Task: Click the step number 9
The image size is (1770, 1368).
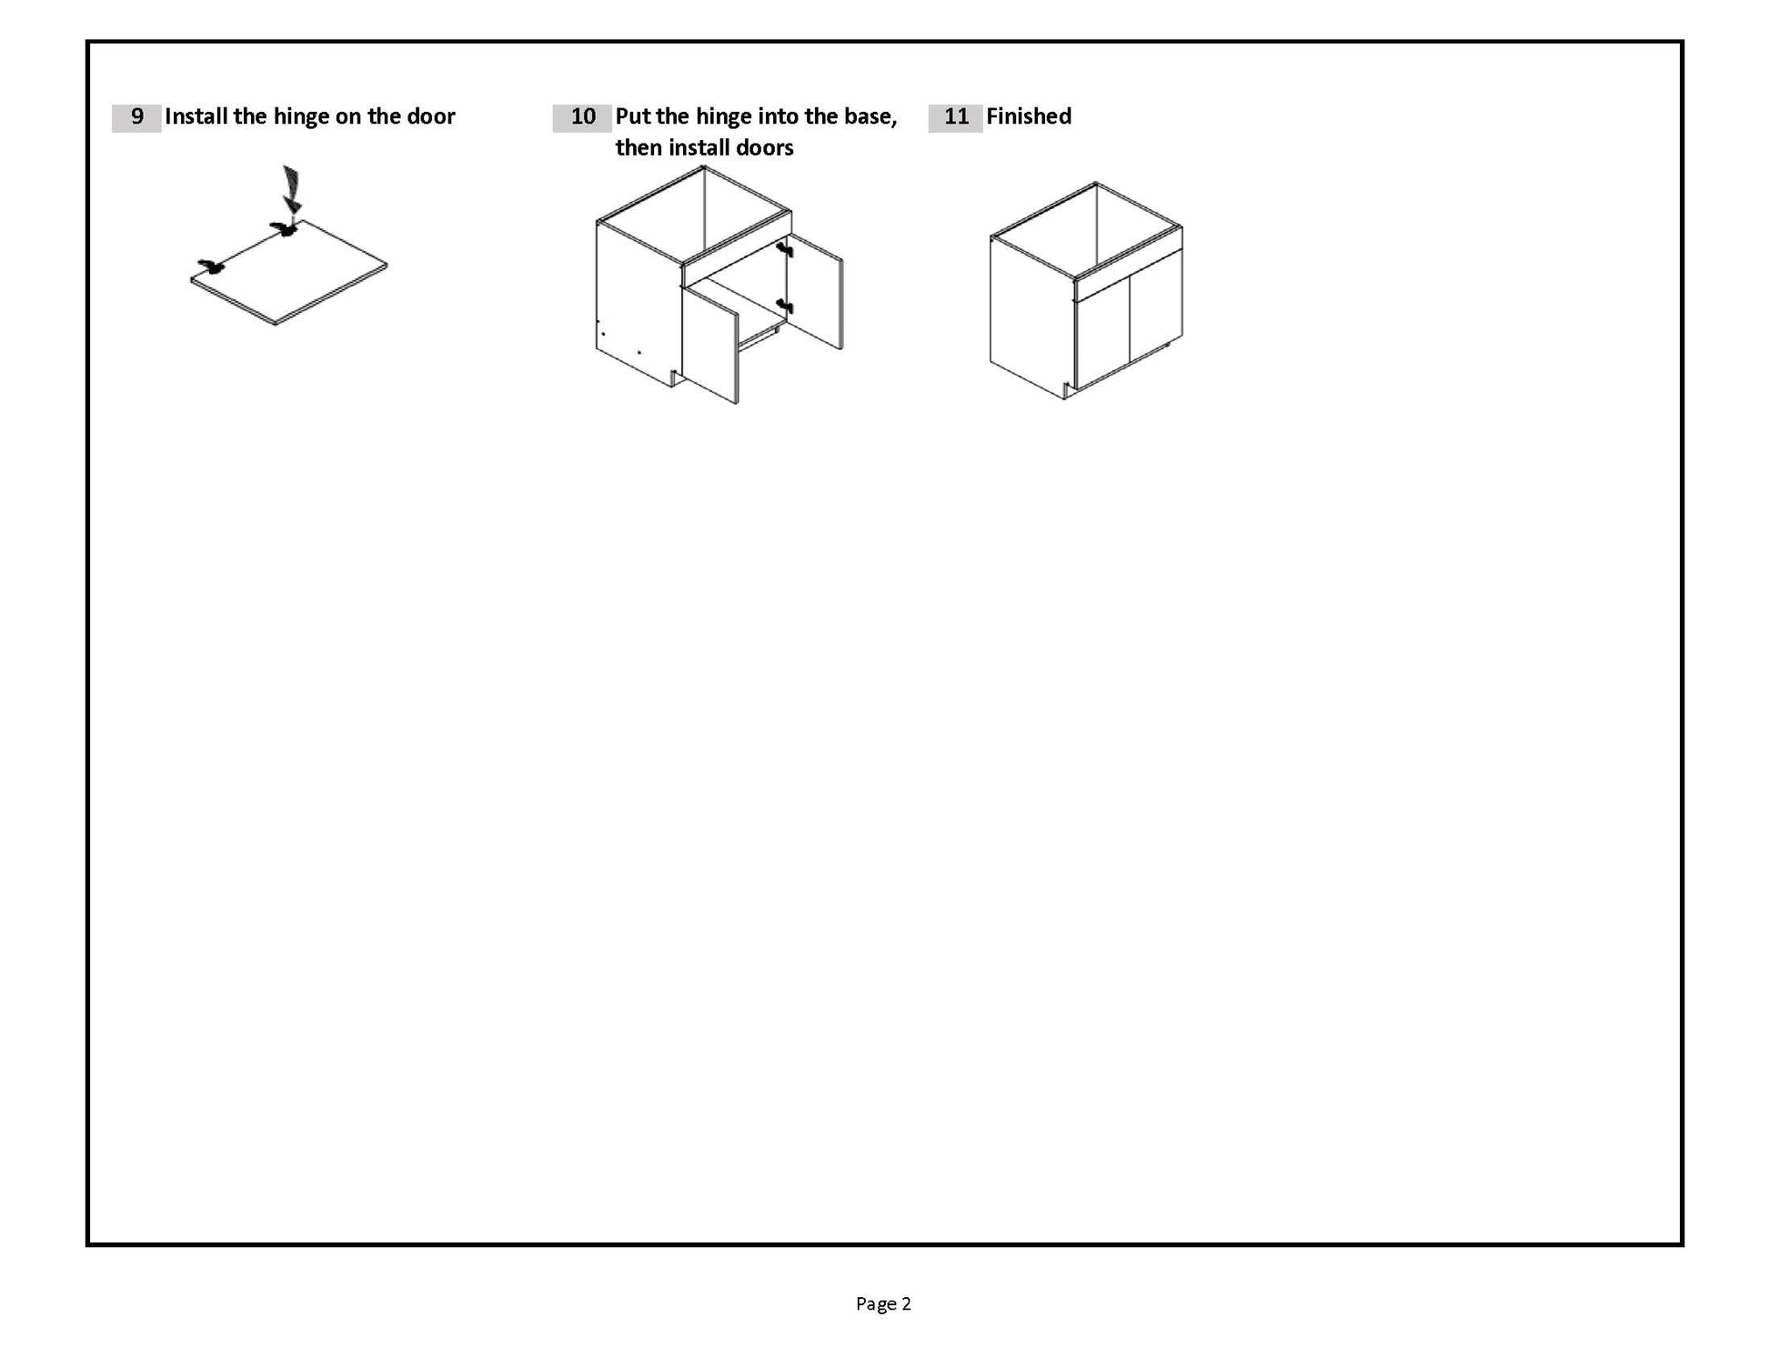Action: pyautogui.click(x=137, y=116)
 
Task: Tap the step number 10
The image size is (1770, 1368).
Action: pyautogui.click(x=583, y=116)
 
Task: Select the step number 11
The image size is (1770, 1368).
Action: pyautogui.click(x=956, y=116)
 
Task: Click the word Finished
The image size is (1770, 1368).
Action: pyautogui.click(x=1029, y=116)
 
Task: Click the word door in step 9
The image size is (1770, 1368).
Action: pyautogui.click(x=431, y=116)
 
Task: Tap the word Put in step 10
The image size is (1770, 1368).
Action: pyautogui.click(x=633, y=116)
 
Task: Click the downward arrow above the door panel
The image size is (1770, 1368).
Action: pyautogui.click(x=291, y=189)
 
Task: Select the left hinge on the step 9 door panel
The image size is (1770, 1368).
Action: pyautogui.click(x=211, y=267)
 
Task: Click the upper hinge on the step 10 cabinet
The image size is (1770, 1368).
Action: pyautogui.click(x=784, y=248)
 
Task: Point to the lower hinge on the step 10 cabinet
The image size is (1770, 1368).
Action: pyautogui.click(x=784, y=306)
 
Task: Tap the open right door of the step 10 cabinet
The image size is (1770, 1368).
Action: pyautogui.click(x=814, y=291)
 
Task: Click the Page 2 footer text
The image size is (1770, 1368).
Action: pyautogui.click(x=883, y=1303)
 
